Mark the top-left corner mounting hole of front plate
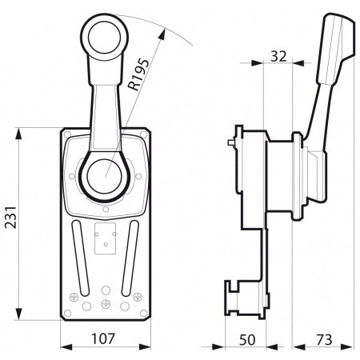pyautogui.click(x=70, y=134)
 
